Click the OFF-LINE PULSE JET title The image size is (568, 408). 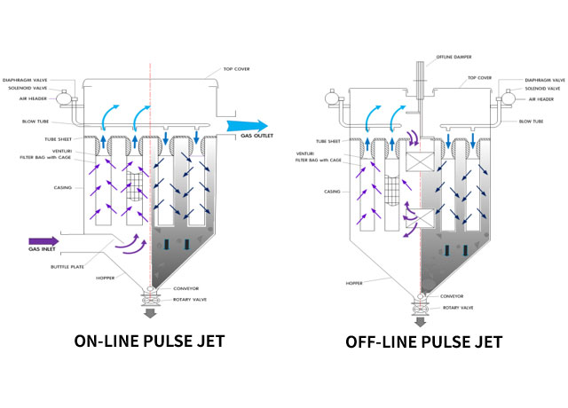pyautogui.click(x=425, y=341)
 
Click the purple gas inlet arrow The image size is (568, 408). pyautogui.click(x=43, y=239)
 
